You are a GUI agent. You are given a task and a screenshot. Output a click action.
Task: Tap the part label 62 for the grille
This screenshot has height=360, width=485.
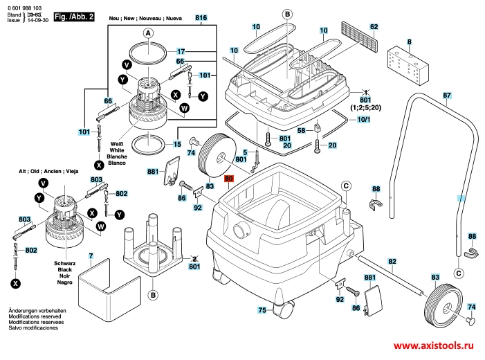pyautogui.click(x=374, y=27)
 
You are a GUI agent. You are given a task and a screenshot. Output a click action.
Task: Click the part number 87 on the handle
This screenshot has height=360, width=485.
pyautogui.click(x=447, y=95)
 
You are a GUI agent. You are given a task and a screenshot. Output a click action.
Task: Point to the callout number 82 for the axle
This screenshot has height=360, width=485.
pyautogui.click(x=392, y=261)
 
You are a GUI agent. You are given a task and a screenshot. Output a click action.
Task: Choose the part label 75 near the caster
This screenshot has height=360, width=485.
pyautogui.click(x=262, y=310)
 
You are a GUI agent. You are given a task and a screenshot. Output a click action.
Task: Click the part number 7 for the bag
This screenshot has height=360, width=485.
pyautogui.click(x=91, y=257)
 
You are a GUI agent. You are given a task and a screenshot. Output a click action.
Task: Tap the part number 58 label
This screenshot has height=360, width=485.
pyautogui.click(x=301, y=130)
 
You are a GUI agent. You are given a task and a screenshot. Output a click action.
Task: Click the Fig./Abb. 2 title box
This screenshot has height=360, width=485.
pyautogui.click(x=74, y=15)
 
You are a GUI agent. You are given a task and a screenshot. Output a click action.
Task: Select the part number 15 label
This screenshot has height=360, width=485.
pyautogui.click(x=177, y=144)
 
